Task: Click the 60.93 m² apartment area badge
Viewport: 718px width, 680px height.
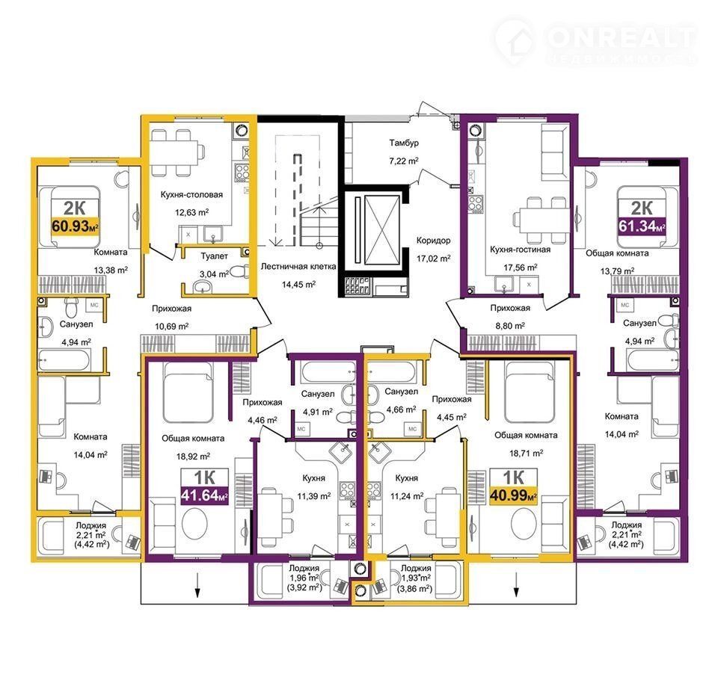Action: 75,226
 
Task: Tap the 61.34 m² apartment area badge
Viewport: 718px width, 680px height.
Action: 642,226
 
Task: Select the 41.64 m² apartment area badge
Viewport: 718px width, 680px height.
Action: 204,495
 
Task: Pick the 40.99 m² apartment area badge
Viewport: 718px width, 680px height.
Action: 513,495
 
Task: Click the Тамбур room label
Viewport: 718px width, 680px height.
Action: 404,143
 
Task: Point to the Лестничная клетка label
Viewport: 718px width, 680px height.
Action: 298,266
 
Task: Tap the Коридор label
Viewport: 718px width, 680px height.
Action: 433,241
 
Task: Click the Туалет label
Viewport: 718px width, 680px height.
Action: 215,256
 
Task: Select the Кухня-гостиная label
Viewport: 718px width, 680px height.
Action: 521,250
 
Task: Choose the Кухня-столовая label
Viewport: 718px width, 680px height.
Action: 191,194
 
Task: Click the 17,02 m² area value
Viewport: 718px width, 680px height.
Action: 433,259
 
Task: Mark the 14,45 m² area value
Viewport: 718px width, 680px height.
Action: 298,284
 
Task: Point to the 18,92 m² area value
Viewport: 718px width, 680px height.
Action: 193,457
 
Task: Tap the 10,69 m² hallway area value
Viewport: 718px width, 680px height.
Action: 172,327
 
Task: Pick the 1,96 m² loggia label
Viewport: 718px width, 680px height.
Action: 304,578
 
